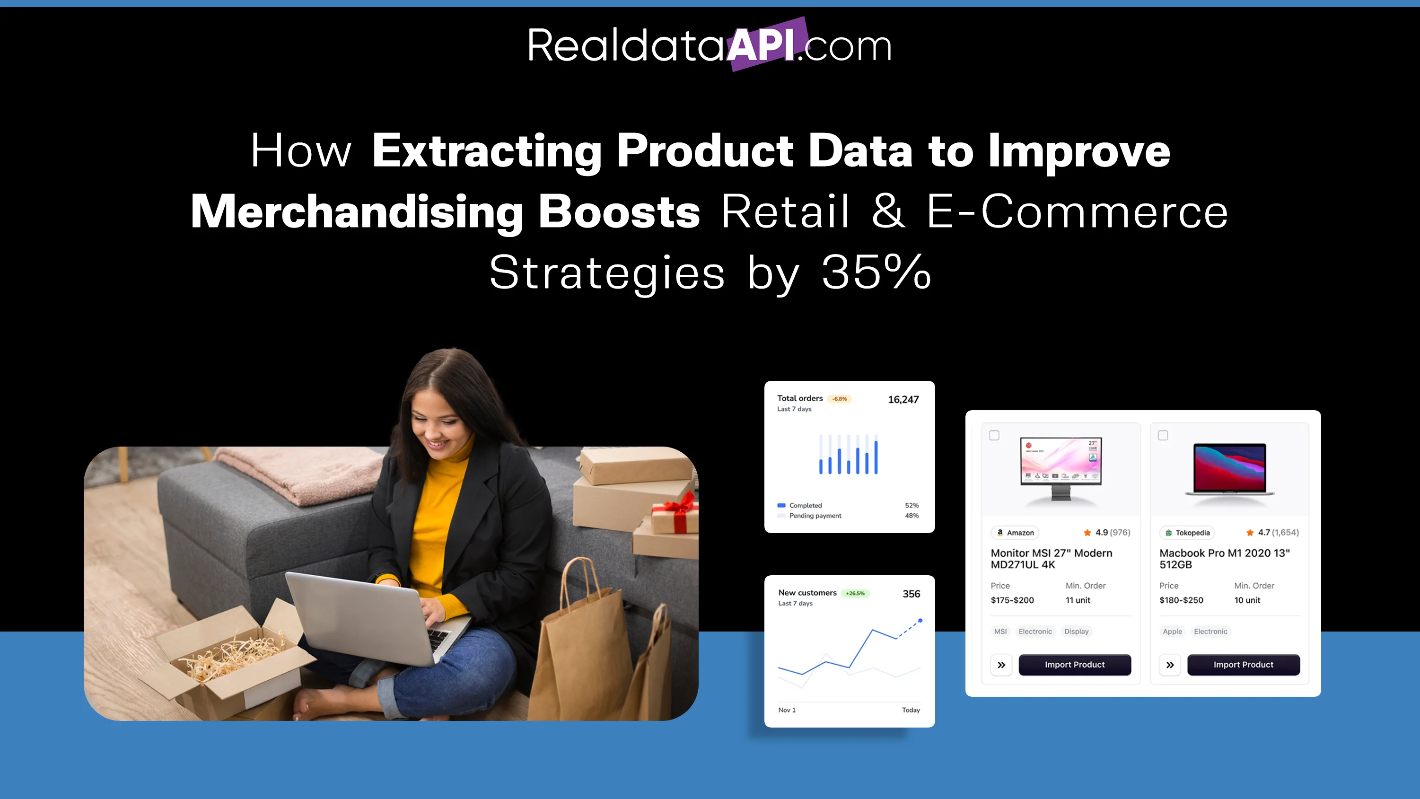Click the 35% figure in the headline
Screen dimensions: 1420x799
[877, 272]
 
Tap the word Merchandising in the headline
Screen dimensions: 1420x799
[357, 212]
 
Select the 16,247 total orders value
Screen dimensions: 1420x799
[903, 399]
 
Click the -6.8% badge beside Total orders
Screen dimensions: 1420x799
[840, 399]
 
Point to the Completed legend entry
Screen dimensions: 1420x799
[799, 505]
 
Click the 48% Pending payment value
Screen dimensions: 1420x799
[912, 516]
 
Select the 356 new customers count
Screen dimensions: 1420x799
[911, 594]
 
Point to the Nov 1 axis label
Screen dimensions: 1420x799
[787, 710]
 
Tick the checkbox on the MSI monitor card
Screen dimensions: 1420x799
[994, 436]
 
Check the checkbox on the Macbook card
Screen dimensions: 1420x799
[1163, 436]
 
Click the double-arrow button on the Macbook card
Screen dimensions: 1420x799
[1170, 665]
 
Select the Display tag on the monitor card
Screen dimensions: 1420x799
[1076, 632]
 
